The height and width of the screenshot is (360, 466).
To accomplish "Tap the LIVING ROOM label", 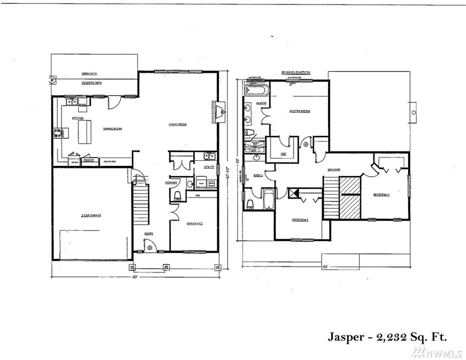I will [178, 125].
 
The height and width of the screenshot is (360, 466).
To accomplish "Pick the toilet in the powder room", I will [178, 195].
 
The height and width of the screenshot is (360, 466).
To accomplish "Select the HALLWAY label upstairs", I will [334, 170].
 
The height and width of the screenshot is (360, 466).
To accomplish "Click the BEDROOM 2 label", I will [382, 195].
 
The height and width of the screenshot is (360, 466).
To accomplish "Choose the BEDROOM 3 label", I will [300, 220].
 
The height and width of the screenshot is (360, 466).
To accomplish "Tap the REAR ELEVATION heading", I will [297, 72].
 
